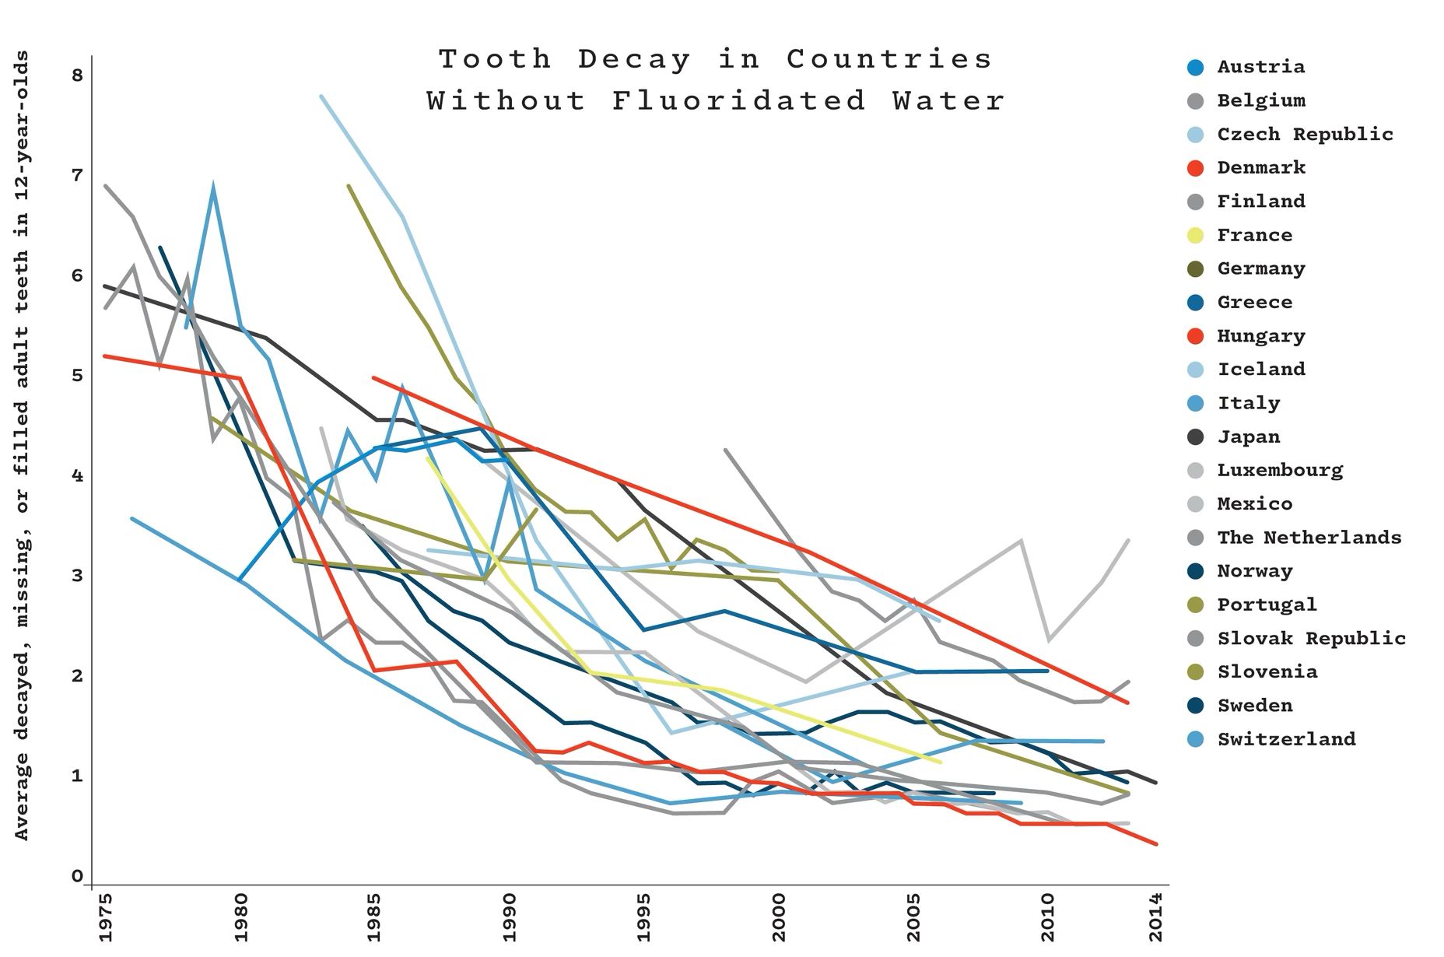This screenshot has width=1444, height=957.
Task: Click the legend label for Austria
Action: [x=1260, y=67]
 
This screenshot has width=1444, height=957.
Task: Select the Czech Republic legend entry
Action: [x=1304, y=134]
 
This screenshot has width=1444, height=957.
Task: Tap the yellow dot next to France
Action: [x=1196, y=235]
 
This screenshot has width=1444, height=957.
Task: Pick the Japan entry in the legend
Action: [x=1248, y=436]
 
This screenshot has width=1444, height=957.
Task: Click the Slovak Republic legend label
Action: [x=1311, y=638]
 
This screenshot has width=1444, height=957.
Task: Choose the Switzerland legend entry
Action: [x=1286, y=739]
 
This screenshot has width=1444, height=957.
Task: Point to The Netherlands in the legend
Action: [x=1309, y=538]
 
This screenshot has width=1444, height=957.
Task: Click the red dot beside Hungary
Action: [x=1196, y=336]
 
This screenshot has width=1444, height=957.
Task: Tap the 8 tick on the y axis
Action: [x=76, y=75]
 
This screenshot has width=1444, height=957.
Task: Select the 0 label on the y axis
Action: [x=76, y=876]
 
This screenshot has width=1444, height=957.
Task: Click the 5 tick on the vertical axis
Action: [x=76, y=376]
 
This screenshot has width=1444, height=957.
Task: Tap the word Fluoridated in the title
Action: [x=738, y=100]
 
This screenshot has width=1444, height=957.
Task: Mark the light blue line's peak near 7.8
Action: [x=321, y=96]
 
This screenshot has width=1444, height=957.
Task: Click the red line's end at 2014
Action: [x=1156, y=843]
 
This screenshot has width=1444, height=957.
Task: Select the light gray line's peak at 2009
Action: [x=1021, y=540]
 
